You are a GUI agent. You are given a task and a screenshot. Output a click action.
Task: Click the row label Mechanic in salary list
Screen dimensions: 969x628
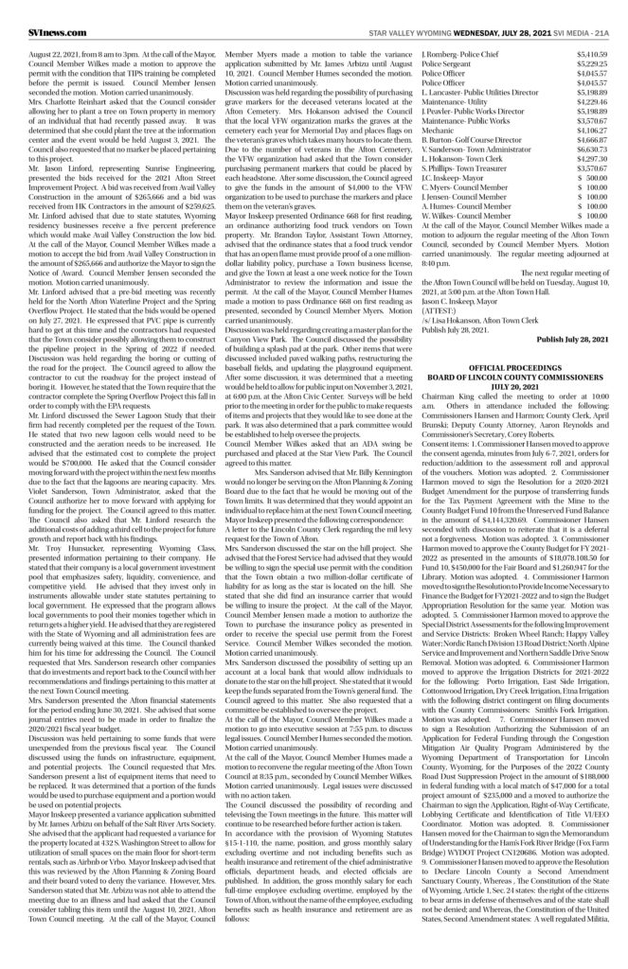[435, 129]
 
